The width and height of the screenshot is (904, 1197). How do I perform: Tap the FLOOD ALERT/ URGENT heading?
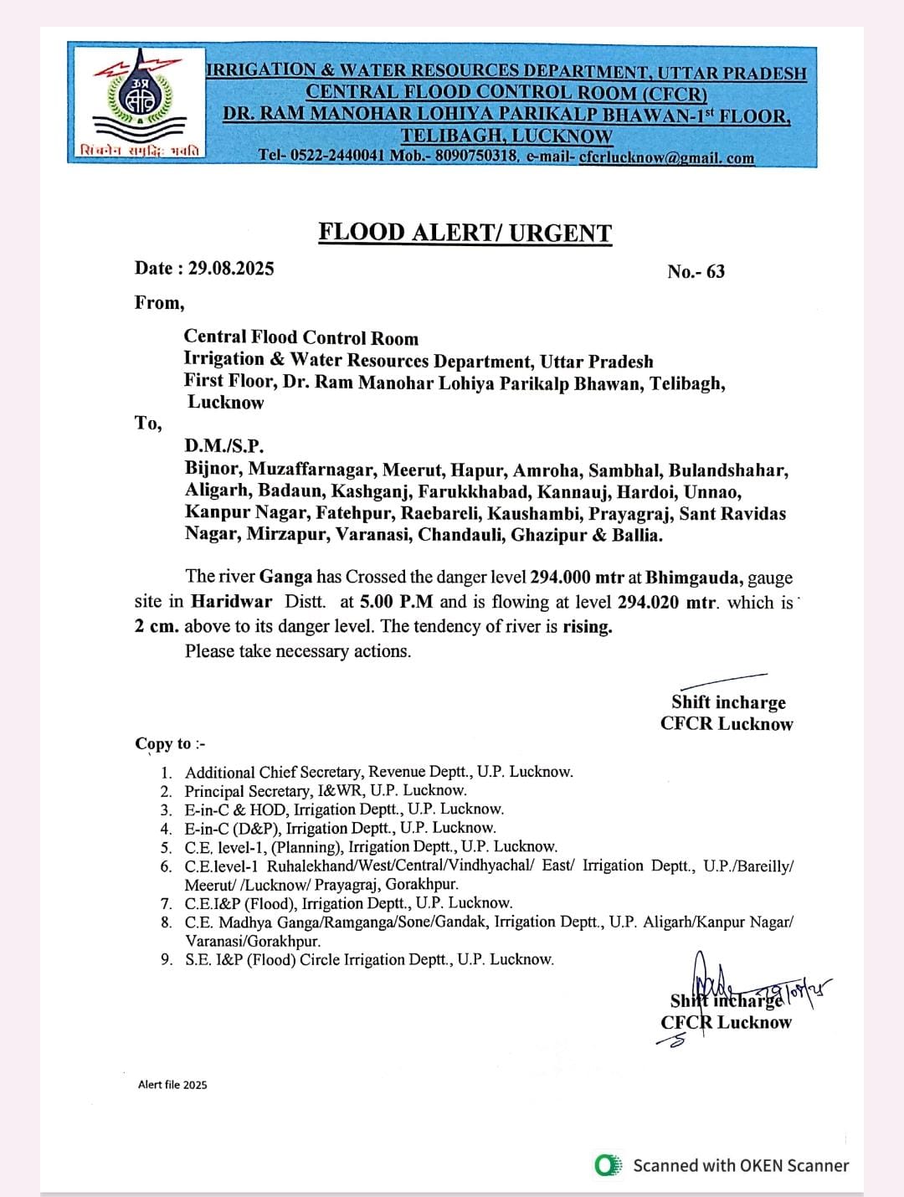click(465, 233)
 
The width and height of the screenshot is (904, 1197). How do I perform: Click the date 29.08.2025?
click(231, 269)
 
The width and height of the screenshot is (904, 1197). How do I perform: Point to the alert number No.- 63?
click(696, 271)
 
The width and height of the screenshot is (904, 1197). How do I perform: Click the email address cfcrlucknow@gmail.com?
click(666, 157)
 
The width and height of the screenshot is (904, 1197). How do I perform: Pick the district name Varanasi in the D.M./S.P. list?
click(372, 535)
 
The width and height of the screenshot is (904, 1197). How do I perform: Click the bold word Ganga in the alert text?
click(285, 577)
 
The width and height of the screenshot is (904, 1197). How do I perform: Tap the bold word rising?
click(587, 627)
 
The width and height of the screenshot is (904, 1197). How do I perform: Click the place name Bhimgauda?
click(693, 577)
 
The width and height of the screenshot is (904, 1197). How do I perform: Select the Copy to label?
click(170, 744)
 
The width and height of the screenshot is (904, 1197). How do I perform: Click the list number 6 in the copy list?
click(167, 866)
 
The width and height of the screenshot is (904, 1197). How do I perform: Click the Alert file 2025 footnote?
click(172, 1085)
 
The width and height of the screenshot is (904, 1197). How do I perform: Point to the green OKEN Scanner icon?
click(608, 1165)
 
